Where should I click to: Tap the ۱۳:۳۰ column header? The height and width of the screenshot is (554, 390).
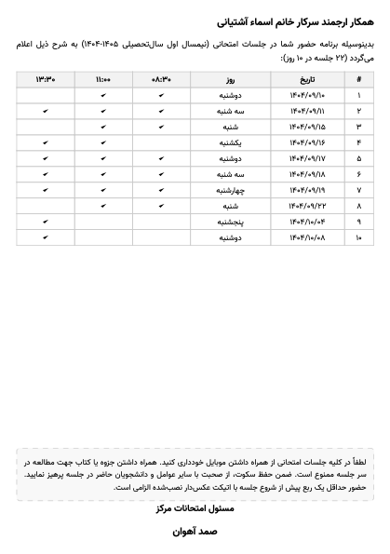click(x=46, y=80)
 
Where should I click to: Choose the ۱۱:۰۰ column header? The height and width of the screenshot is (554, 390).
click(x=103, y=80)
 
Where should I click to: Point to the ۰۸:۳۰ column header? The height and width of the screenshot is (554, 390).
click(x=161, y=80)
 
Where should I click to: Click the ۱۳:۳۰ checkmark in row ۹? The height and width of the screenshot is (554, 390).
click(x=46, y=223)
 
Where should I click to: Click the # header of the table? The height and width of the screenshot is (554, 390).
click(x=359, y=80)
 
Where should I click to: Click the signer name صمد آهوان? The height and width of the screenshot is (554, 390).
click(x=195, y=532)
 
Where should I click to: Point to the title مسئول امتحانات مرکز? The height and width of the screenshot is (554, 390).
click(x=195, y=508)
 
